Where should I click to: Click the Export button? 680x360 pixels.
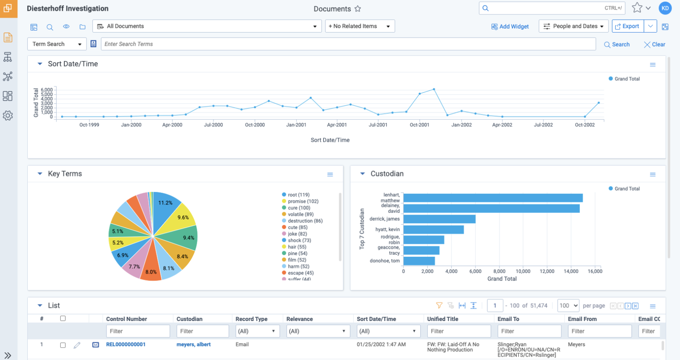[x=628, y=26]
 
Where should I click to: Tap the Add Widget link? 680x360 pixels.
[x=510, y=27]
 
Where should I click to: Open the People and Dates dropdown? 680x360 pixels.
[x=574, y=26]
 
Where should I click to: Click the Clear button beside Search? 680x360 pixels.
[x=655, y=45]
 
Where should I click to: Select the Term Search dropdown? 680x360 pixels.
[x=57, y=44]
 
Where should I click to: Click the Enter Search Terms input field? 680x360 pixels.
[x=348, y=44]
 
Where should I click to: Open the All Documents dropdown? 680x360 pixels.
[x=207, y=26]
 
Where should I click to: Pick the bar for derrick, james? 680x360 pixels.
[x=439, y=219]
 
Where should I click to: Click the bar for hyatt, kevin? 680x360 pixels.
[x=434, y=230]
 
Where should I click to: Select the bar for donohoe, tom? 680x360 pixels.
[x=419, y=261]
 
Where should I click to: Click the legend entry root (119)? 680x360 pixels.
[x=296, y=195]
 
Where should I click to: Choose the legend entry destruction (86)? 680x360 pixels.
[x=302, y=221]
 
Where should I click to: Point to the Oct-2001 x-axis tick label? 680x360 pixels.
[x=419, y=125]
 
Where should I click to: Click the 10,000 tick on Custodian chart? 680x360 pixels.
[x=523, y=271]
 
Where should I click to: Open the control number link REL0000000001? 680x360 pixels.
[x=126, y=344]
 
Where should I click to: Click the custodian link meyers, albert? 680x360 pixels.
[x=194, y=344]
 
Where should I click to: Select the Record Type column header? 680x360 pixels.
[x=252, y=319]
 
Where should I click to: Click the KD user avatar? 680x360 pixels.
[x=665, y=8]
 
